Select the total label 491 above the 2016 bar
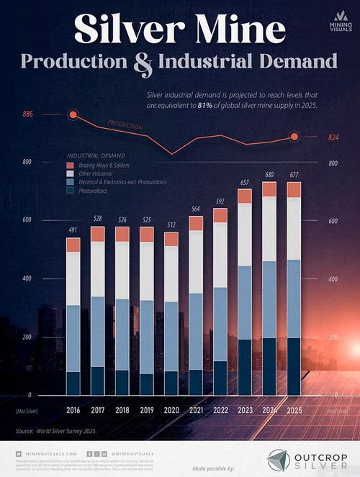73,230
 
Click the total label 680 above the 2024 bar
269,174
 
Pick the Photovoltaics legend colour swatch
70,191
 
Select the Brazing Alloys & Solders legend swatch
70,165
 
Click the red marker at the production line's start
73,114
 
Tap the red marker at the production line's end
294,137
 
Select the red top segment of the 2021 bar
195,223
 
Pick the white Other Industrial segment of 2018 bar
122,270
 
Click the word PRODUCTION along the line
125,125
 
